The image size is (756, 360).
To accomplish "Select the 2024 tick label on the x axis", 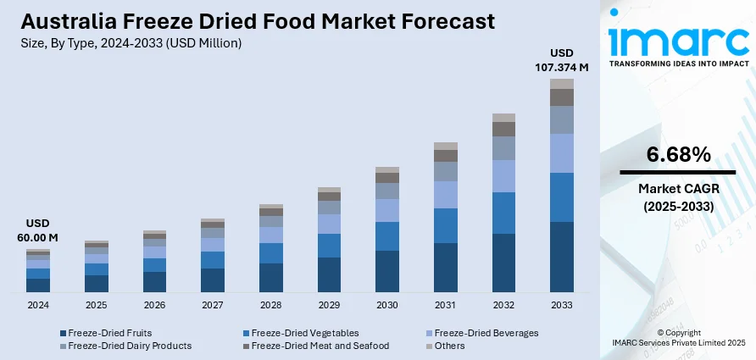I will point(38,305).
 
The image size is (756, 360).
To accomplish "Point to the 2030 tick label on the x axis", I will point(387,305).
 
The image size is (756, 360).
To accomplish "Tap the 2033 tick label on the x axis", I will point(562,305).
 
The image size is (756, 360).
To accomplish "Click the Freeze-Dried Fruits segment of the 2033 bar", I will point(562,258).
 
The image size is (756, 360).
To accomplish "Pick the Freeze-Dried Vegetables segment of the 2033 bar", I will point(562,197).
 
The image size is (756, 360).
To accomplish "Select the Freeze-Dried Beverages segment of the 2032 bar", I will point(503,176).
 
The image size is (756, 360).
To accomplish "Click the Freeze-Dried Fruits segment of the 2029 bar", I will point(329,275).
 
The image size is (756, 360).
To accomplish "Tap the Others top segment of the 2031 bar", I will point(446,147).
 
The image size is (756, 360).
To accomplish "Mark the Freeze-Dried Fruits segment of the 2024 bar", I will point(38,285).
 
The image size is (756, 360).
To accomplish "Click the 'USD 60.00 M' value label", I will point(37,231).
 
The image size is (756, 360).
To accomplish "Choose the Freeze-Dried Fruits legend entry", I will point(111,333).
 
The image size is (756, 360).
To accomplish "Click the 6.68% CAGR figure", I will point(678,155).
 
